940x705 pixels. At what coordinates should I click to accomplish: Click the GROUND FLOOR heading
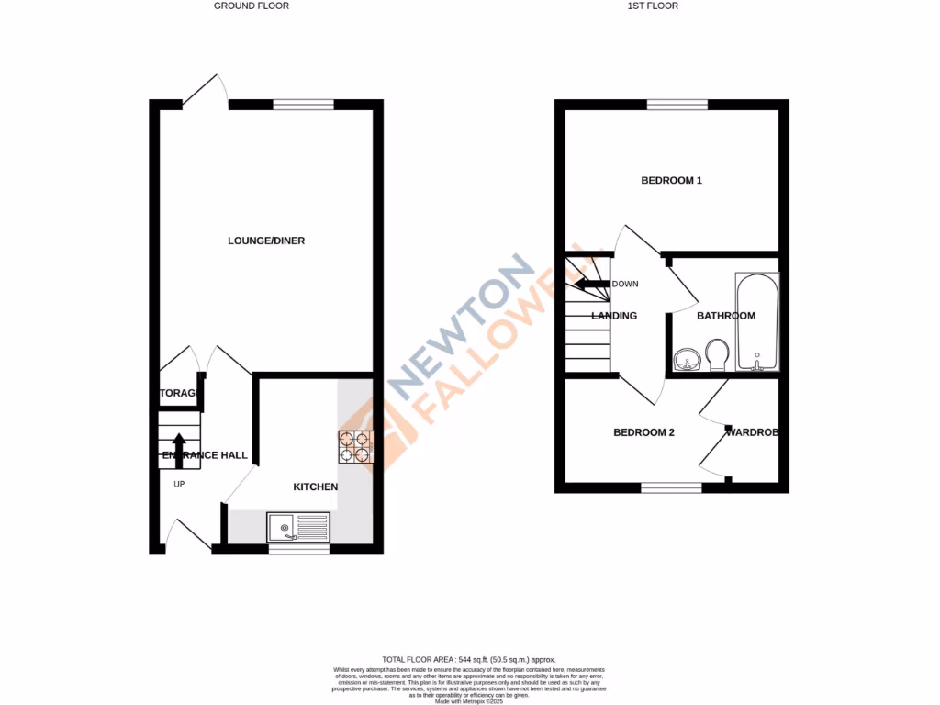click(251, 6)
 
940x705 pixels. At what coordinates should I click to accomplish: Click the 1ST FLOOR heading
click(653, 6)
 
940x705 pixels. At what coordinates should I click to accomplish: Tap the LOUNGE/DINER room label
click(266, 241)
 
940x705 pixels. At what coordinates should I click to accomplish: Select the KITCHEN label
click(315, 487)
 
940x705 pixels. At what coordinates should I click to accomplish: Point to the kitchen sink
click(298, 527)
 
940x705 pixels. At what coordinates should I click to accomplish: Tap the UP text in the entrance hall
click(179, 484)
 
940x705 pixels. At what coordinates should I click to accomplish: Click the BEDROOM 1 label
click(671, 181)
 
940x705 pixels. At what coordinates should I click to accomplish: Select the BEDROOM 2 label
click(643, 432)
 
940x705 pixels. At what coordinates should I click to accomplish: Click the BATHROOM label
click(725, 316)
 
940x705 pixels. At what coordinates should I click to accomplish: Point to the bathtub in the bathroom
click(757, 320)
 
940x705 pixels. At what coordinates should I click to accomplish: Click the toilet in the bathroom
click(717, 354)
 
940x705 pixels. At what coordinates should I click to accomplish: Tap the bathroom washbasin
click(684, 359)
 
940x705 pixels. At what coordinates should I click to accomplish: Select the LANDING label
click(614, 316)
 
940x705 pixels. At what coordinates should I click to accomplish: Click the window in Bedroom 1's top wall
click(677, 105)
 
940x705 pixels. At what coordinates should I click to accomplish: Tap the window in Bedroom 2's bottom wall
click(671, 487)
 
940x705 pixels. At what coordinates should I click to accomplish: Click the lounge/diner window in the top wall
click(303, 105)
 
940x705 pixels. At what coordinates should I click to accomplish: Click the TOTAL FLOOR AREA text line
click(469, 659)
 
